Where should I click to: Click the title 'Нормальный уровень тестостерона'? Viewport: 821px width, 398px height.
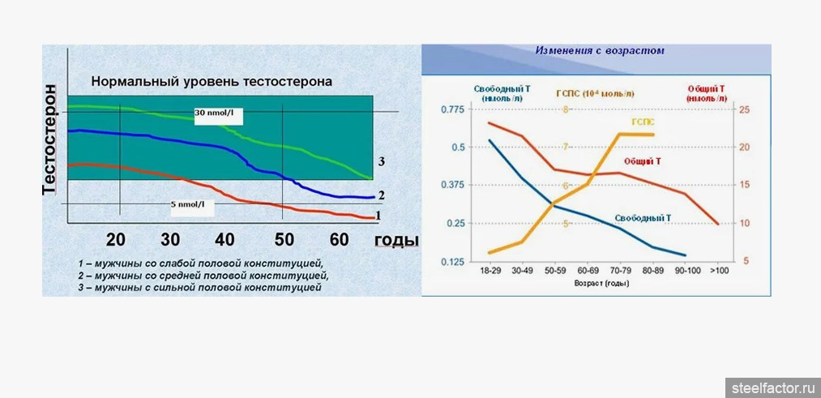coord(211,82)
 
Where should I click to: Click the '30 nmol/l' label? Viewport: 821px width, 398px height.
coord(215,111)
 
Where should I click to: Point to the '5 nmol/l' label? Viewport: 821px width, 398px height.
coord(187,203)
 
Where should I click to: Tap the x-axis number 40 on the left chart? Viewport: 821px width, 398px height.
coord(224,239)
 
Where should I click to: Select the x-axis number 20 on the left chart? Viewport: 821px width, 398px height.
coord(116,239)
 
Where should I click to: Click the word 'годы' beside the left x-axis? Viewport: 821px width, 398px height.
coord(397,241)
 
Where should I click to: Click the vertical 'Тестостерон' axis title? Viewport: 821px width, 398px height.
coord(51,139)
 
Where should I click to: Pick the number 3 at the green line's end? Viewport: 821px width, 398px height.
coord(380,162)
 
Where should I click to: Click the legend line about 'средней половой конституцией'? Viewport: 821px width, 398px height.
coord(203,275)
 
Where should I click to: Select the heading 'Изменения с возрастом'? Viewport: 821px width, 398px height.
coord(599,50)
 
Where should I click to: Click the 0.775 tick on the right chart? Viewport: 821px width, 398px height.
coord(454,109)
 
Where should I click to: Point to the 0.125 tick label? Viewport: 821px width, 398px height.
coord(454,262)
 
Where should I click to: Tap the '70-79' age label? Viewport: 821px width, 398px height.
coord(620,271)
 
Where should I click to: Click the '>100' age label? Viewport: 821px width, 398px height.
coord(719,271)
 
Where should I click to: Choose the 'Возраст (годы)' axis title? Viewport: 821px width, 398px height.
coord(602,284)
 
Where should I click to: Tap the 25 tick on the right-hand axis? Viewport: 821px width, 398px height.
coord(745,109)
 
